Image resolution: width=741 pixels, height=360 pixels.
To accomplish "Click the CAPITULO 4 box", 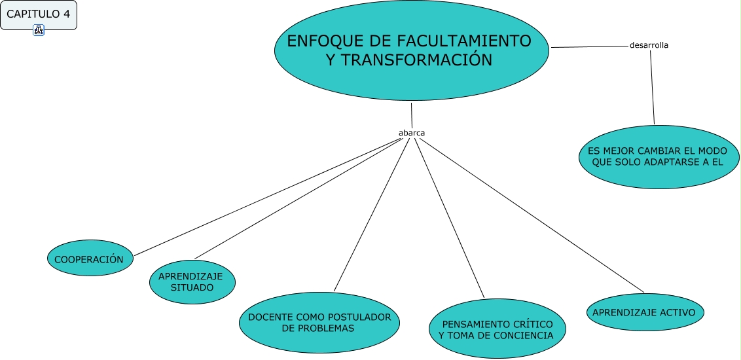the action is click(x=38, y=14).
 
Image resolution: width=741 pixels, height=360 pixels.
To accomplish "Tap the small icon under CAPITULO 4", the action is click(x=38, y=30).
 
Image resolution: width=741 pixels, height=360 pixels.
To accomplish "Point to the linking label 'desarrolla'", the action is click(x=648, y=45).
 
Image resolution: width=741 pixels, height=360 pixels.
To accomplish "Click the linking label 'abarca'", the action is click(x=412, y=133).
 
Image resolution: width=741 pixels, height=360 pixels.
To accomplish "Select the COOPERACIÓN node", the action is click(x=90, y=259).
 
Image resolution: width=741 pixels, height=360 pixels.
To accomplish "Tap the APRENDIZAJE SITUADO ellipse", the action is click(x=191, y=281).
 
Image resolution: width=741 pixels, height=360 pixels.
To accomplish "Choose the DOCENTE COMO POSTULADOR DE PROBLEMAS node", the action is click(x=319, y=323).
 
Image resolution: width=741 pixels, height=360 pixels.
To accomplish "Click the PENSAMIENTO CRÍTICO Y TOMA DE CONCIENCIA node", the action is click(x=497, y=329).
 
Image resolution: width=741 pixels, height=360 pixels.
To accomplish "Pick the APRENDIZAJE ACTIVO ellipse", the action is click(x=644, y=312).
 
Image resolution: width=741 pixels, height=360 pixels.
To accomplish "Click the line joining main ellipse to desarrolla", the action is click(x=589, y=46).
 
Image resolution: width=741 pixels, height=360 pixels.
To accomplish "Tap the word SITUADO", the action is click(x=191, y=287).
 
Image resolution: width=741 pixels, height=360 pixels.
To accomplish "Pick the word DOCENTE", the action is click(x=271, y=317).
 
